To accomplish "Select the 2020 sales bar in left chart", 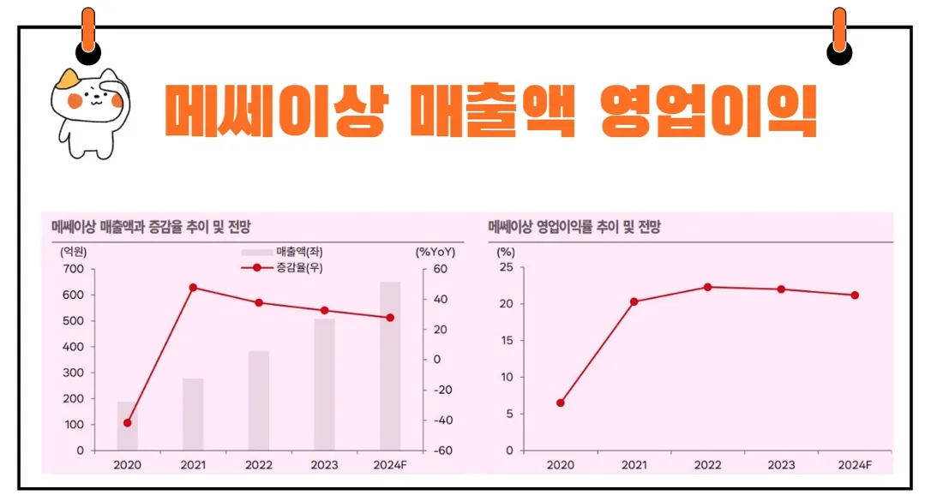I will (127, 426).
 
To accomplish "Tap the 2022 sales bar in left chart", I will (259, 401).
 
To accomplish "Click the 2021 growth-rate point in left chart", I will (193, 288).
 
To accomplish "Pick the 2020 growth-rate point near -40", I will (128, 422).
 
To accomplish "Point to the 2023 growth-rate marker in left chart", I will (324, 310).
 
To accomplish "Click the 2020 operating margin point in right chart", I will (561, 403).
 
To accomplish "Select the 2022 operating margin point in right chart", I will (708, 287).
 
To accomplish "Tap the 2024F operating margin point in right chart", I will (855, 295).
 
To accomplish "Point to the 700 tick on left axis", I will (74, 269).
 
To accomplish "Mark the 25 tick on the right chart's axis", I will (506, 268).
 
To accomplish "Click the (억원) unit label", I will (73, 252).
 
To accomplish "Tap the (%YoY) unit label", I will (435, 252).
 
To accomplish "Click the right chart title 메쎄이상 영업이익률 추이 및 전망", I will (574, 227).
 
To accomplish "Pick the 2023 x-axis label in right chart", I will (781, 464).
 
